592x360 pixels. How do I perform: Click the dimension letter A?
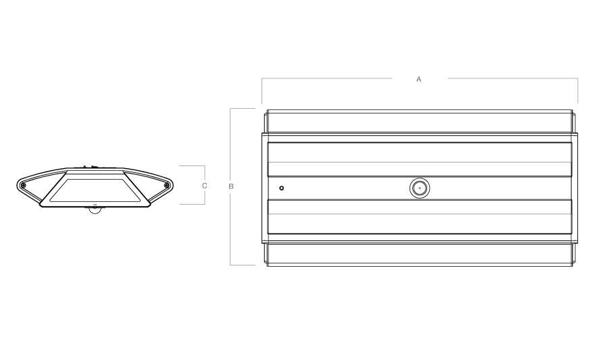tap(419, 79)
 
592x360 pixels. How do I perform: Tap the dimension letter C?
tap(205, 185)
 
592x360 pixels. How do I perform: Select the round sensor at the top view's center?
tap(420, 188)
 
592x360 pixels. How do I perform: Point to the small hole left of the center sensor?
tap(281, 188)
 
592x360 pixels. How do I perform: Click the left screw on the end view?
tap(23, 185)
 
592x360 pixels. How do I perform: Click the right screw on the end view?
tap(166, 185)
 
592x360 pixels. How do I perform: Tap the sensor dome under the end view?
tap(95, 210)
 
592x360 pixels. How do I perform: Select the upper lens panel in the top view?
tap(420, 159)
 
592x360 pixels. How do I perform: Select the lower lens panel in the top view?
tap(420, 216)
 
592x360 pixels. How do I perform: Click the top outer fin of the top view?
tap(420, 122)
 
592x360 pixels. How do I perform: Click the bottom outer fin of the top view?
tap(420, 254)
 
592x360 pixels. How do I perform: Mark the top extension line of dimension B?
tap(242, 108)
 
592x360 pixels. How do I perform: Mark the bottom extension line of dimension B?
tap(242, 265)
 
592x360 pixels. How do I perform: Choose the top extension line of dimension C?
tap(192, 165)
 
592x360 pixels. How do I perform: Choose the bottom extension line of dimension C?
tap(192, 204)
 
